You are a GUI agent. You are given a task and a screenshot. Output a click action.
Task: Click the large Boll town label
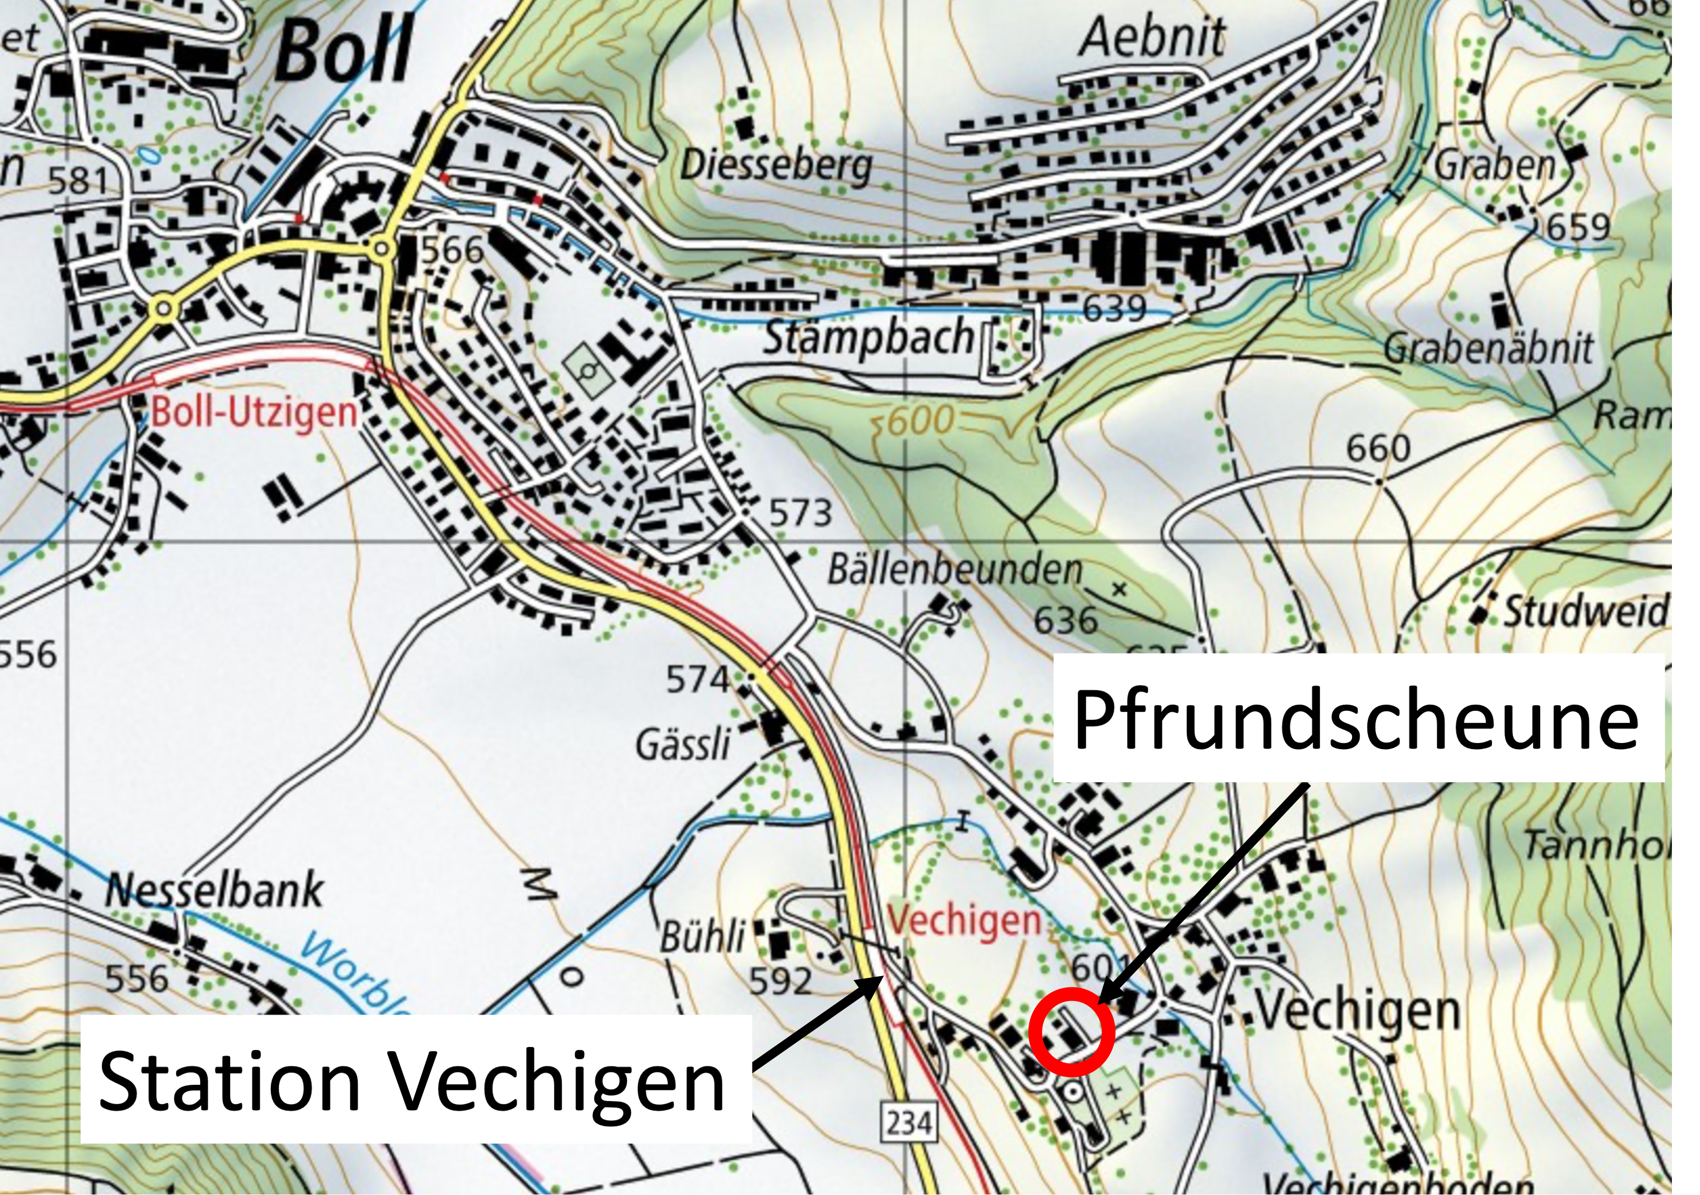tap(344, 52)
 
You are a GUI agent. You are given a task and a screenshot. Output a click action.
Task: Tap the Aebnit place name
tap(1152, 37)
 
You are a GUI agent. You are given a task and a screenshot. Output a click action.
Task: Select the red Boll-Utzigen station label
tap(254, 412)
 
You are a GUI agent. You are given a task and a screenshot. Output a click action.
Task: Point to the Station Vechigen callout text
tap(411, 1082)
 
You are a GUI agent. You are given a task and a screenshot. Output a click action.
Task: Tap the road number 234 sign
tap(909, 1123)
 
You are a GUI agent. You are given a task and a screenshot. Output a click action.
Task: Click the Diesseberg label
tap(776, 166)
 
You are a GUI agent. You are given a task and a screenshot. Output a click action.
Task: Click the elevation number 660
tap(1378, 449)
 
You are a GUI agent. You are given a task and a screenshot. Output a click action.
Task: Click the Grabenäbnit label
tap(1488, 348)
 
